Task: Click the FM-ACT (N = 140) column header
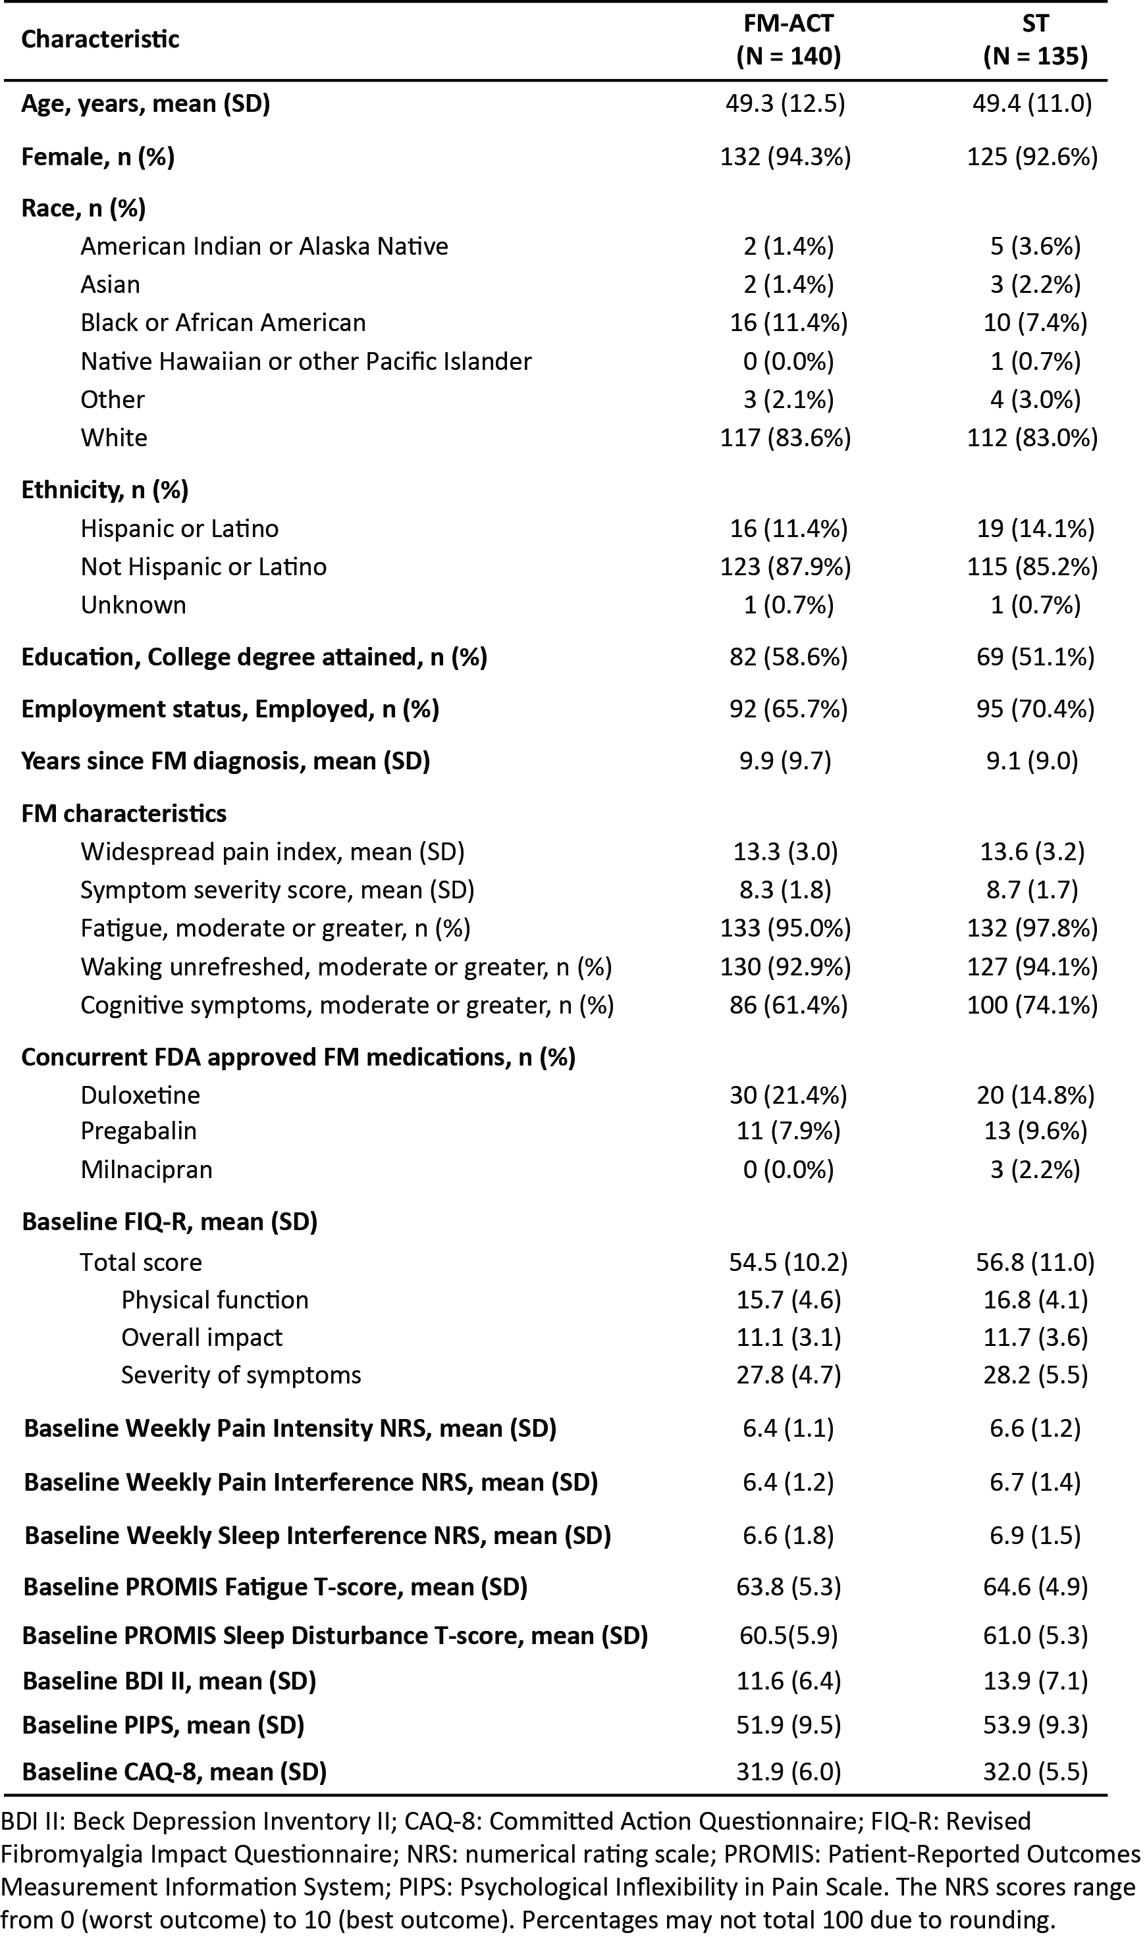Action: coord(788,40)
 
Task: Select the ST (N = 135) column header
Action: coord(1035,40)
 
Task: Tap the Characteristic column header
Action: coord(101,39)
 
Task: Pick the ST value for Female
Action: coord(1032,157)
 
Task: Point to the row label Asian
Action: coord(111,284)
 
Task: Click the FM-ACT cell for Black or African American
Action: coord(788,323)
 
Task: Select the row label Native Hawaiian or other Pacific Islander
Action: coord(306,361)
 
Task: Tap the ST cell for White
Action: coord(1032,437)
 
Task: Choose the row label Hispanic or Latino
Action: coord(179,529)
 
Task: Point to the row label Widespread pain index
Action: coord(272,852)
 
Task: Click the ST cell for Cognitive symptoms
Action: coord(1032,1005)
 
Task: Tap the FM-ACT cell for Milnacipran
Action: coord(788,1170)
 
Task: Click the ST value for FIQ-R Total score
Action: coord(1035,1262)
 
